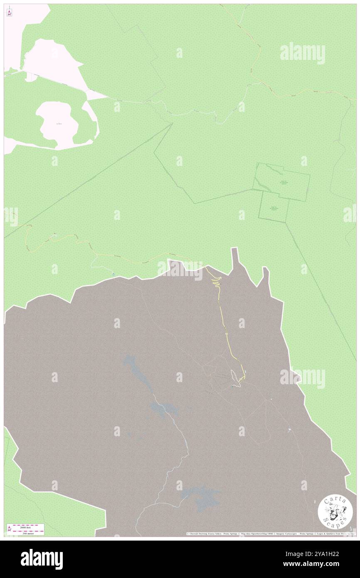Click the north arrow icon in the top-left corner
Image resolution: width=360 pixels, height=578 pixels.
coord(9,12)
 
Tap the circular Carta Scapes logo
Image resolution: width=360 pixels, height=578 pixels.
coord(333,513)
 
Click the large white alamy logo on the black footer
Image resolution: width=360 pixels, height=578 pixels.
coord(42,559)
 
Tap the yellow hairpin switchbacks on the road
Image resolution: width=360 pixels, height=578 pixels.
coord(215,282)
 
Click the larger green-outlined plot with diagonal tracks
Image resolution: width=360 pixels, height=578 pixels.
coord(282,179)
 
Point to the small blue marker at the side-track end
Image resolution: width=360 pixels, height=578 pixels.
coord(113,274)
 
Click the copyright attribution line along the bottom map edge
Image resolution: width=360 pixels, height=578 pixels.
coord(270,534)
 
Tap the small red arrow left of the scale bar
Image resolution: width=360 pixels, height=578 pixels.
coord(9,529)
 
